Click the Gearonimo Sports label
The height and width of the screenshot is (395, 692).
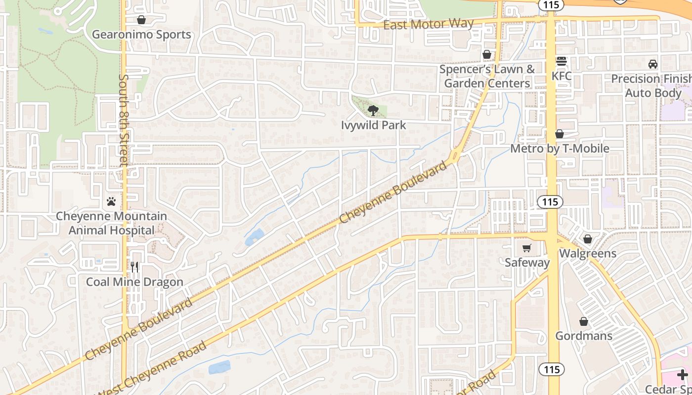[x=141, y=35]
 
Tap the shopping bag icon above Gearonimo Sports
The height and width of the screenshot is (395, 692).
[x=141, y=20]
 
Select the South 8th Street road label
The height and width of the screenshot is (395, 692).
[x=124, y=121]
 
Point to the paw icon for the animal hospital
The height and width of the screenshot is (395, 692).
[x=111, y=201]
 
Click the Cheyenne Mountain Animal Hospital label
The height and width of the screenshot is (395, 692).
[x=111, y=223]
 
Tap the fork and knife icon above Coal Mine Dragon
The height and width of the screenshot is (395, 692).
[x=134, y=267]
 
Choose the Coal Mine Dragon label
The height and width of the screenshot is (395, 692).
[x=134, y=282]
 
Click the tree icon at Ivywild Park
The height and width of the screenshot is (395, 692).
[x=373, y=111]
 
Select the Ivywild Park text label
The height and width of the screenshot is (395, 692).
[x=373, y=125]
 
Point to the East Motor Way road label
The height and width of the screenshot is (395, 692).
[x=429, y=24]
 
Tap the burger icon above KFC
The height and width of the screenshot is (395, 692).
[x=562, y=62]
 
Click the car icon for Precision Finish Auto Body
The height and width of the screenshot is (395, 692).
[x=653, y=64]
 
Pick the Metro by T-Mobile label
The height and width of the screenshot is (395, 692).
[x=560, y=149]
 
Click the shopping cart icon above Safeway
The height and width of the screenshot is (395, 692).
[x=527, y=248]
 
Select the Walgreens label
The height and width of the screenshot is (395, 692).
[x=588, y=254]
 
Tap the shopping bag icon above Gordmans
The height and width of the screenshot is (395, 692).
[x=584, y=321]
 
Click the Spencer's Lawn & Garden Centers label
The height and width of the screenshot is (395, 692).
[x=487, y=76]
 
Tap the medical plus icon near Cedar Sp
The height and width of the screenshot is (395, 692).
[x=683, y=375]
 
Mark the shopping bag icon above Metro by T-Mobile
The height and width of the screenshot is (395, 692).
[x=560, y=134]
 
